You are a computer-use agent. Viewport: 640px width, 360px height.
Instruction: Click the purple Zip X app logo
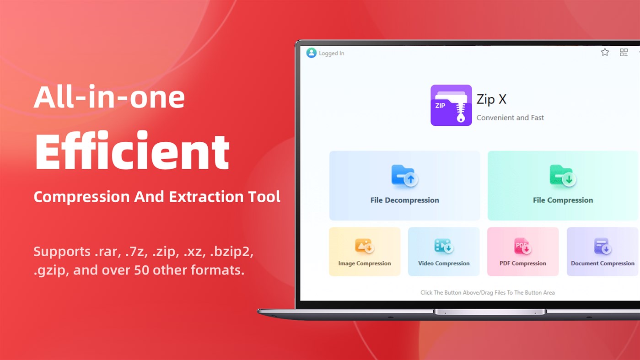click(x=451, y=105)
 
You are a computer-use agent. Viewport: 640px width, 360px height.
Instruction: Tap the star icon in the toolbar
click(x=605, y=52)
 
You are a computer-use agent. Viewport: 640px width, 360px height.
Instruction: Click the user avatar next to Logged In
click(x=312, y=53)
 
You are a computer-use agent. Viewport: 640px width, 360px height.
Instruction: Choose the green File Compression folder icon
click(x=562, y=176)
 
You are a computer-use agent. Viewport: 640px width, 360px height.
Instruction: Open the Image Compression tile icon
click(x=364, y=247)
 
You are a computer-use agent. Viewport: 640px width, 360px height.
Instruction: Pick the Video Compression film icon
click(x=443, y=247)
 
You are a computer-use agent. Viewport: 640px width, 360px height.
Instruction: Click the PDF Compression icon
click(x=522, y=247)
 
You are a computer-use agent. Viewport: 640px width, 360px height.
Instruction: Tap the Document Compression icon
click(x=602, y=247)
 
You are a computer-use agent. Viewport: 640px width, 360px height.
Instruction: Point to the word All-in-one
click(x=109, y=97)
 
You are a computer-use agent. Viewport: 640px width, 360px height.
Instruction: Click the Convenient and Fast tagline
click(x=510, y=118)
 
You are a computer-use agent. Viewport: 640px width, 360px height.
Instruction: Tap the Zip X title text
click(x=491, y=99)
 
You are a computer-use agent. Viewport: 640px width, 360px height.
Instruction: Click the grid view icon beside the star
click(x=624, y=53)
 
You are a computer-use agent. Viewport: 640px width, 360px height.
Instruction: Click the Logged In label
click(x=331, y=54)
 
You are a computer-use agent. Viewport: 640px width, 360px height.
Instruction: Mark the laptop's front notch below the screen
click(x=489, y=312)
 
